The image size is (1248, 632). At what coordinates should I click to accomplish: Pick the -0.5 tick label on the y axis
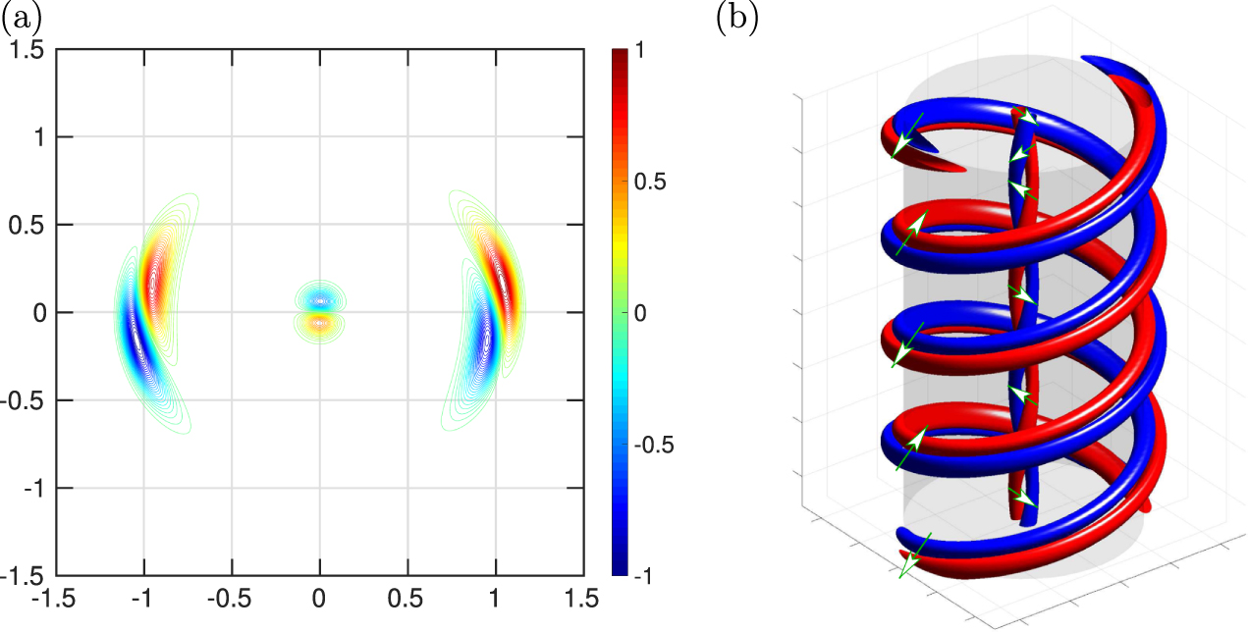[27, 400]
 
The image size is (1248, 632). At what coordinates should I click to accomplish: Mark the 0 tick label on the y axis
[39, 312]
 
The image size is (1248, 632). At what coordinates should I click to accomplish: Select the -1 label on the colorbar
[641, 575]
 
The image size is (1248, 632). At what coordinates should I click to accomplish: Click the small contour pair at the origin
[319, 307]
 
